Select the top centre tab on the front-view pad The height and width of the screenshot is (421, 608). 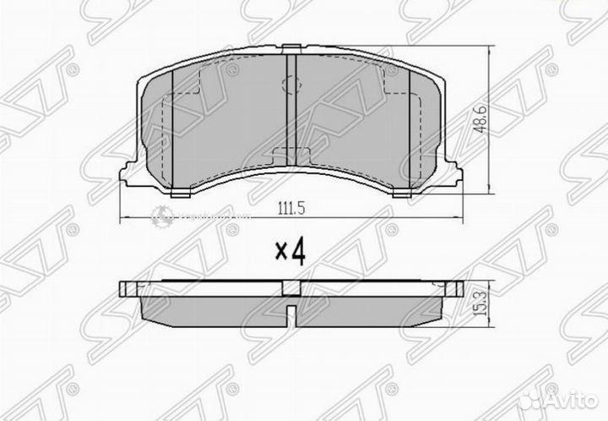coord(289,51)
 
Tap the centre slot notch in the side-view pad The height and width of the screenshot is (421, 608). coord(289,320)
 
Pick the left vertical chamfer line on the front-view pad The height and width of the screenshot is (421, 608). coord(172,127)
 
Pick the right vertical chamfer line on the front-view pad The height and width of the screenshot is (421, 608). coord(406,127)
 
